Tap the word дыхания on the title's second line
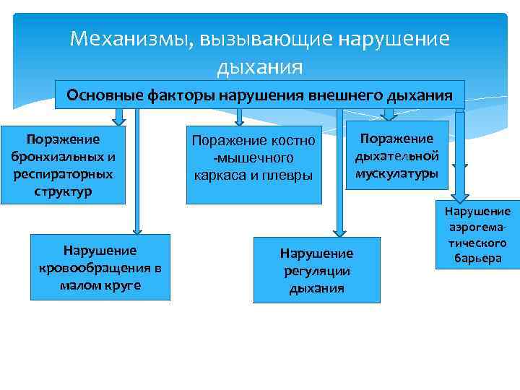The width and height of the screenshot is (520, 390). [x=259, y=68]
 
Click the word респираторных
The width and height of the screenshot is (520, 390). [x=62, y=175]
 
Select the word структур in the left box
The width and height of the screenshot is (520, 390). [x=62, y=193]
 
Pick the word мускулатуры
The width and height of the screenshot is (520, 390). [x=396, y=173]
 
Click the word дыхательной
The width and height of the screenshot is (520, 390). [x=396, y=156]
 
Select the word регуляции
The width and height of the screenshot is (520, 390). [x=316, y=271]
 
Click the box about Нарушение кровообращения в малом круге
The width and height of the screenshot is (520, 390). [x=100, y=267]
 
